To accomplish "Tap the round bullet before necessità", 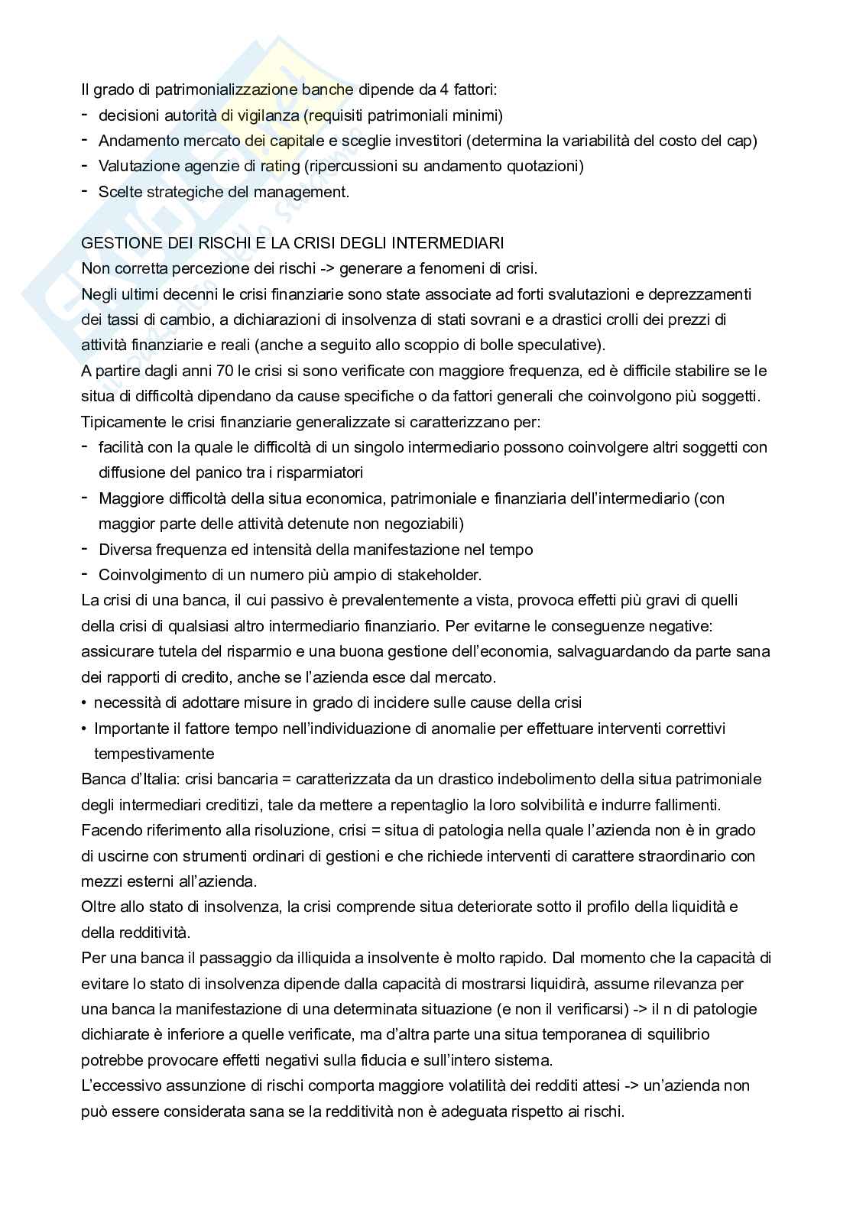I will click(84, 702).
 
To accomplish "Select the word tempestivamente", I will click(154, 754).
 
